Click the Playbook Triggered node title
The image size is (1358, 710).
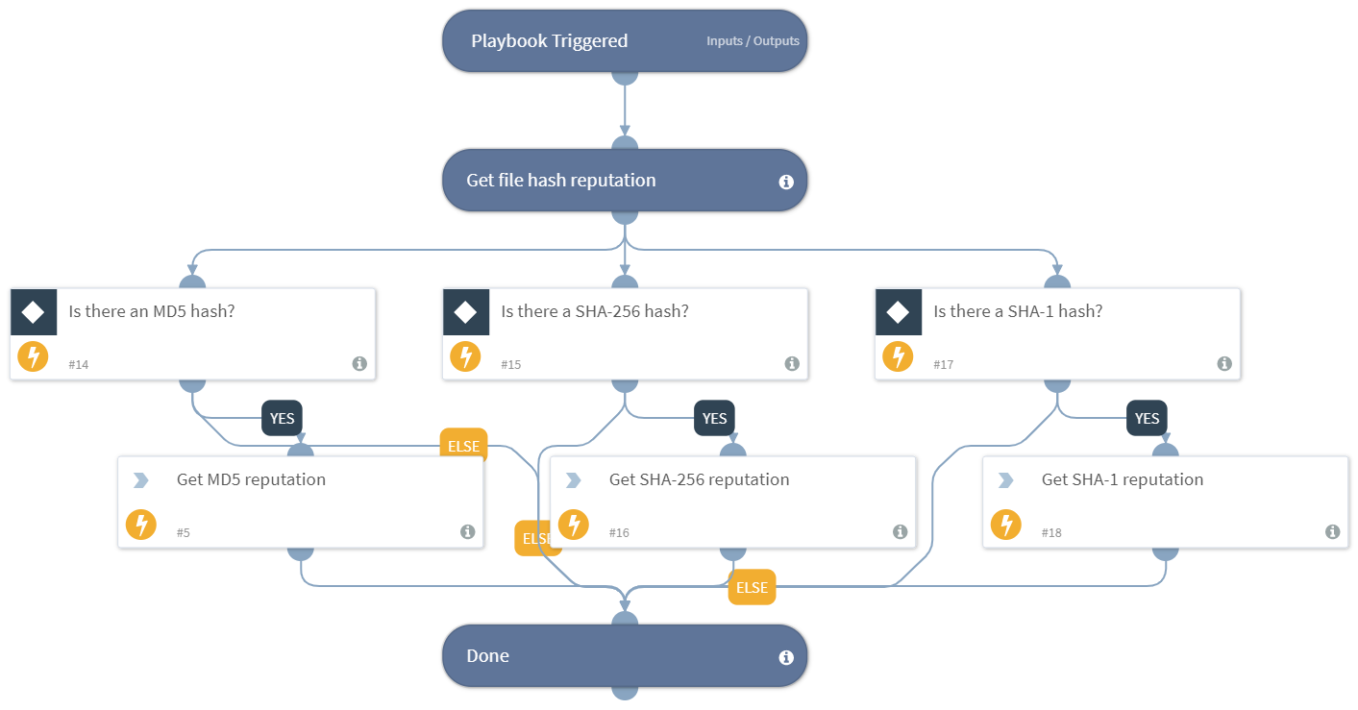point(549,41)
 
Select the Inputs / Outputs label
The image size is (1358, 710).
point(753,41)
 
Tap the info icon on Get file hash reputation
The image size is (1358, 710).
point(786,182)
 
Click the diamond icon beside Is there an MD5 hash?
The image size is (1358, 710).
point(34,312)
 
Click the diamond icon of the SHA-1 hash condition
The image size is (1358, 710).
point(899,312)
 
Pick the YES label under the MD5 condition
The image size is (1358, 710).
point(282,419)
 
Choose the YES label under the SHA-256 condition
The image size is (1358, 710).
point(714,419)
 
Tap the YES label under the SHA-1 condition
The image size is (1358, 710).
point(1147,419)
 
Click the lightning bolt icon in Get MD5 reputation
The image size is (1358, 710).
point(141,525)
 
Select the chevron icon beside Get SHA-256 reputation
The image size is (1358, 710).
point(574,480)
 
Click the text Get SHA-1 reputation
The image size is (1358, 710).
point(1122,479)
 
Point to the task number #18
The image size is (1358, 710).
point(1051,532)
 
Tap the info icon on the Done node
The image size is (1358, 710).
point(786,657)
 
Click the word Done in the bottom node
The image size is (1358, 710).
point(487,656)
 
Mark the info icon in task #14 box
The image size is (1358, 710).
point(359,363)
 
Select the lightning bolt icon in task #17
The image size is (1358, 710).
point(899,357)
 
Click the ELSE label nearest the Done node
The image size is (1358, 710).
point(752,587)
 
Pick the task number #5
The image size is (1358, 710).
point(184,532)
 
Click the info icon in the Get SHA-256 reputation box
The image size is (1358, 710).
point(900,531)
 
